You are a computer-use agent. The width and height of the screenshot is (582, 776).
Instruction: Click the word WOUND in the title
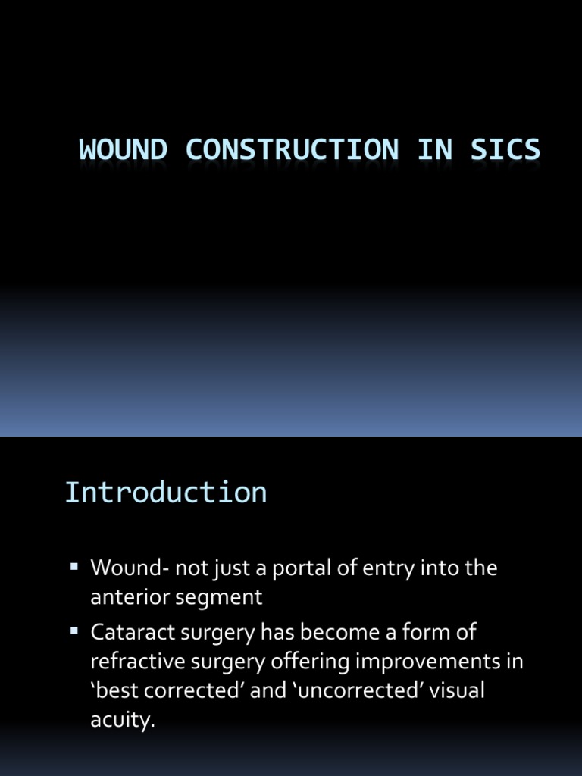click(123, 149)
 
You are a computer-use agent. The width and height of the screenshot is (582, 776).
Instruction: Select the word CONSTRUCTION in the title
click(292, 149)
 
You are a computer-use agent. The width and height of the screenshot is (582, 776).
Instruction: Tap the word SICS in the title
click(505, 149)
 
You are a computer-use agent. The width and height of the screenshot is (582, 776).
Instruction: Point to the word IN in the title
click(433, 149)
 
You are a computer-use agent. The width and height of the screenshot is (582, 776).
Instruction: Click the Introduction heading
click(166, 493)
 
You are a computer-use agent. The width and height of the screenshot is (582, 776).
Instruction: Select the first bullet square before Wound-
click(74, 566)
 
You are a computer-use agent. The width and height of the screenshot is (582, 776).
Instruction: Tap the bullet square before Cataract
click(74, 630)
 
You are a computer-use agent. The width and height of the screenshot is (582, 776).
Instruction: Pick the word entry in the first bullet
click(388, 568)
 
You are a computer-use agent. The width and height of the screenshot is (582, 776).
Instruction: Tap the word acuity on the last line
click(121, 721)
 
